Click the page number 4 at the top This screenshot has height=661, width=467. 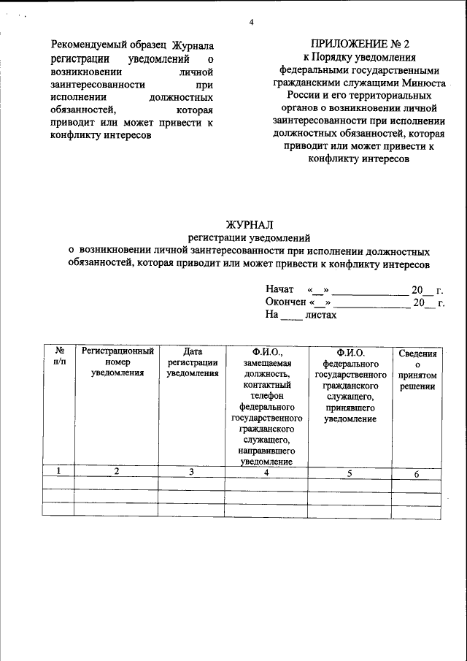[251, 22]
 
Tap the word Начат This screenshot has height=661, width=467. [279, 290]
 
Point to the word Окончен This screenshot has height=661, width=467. [285, 302]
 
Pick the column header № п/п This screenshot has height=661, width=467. [60, 357]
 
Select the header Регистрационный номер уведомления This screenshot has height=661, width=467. [117, 362]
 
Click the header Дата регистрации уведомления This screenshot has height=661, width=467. [193, 362]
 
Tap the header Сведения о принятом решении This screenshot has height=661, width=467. [417, 370]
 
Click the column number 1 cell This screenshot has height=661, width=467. [58, 471]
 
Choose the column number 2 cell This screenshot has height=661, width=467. [117, 471]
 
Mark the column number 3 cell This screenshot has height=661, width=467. [191, 472]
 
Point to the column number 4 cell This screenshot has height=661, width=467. [266, 473]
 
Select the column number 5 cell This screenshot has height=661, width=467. [350, 474]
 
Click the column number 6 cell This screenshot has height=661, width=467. [417, 475]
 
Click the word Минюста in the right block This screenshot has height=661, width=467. [426, 83]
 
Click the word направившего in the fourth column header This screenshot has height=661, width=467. [266, 451]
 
